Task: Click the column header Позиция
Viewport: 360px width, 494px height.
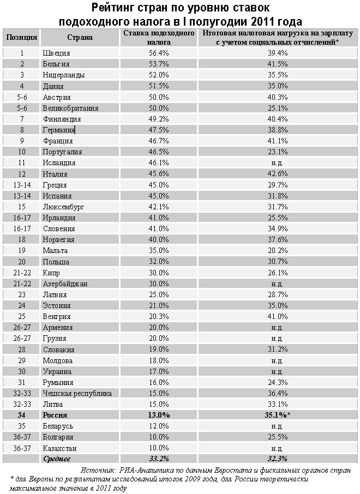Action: click(22, 38)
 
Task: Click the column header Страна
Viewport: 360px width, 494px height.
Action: click(80, 38)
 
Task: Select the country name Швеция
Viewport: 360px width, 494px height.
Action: click(56, 53)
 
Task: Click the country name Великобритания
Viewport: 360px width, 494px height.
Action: click(70, 108)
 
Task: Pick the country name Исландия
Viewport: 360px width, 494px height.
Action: click(59, 162)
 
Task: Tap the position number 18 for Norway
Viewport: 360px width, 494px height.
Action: click(22, 239)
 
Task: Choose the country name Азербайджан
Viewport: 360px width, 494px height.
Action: click(65, 284)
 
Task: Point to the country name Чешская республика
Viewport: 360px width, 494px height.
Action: click(77, 393)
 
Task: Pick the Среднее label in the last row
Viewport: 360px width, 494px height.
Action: click(57, 459)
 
